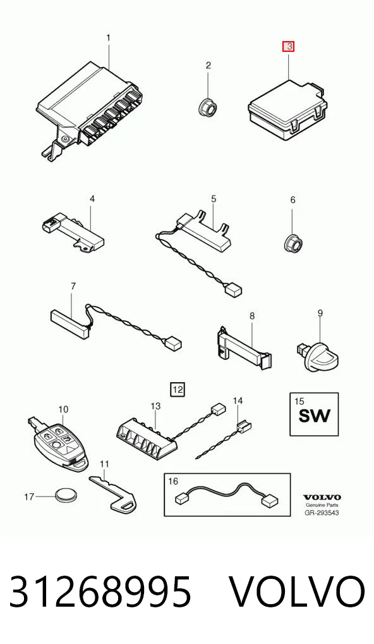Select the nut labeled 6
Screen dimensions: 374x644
coord(292,243)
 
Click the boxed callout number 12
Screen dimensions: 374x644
coord(178,388)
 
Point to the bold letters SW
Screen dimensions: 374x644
coord(314,416)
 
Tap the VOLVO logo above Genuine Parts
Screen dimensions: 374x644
coord(322,497)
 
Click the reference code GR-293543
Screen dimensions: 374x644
coord(322,512)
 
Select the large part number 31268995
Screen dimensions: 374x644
coord(100,592)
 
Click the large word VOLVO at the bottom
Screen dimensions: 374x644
coord(296,592)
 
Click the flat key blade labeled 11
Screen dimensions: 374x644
coord(113,494)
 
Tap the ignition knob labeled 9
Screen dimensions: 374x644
coord(319,357)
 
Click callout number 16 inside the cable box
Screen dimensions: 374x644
coord(174,481)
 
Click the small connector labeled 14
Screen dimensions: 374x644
coord(244,428)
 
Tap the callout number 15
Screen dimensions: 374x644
coord(299,401)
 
